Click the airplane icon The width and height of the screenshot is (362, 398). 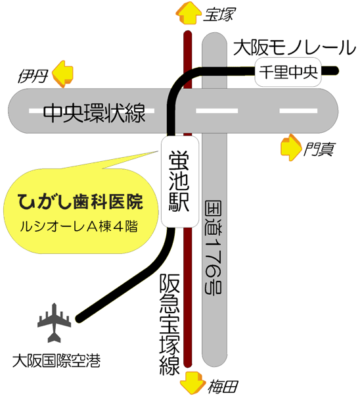coord(54,323)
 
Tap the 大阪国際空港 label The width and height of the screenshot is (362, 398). coord(57,361)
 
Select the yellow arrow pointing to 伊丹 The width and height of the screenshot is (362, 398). coord(62,74)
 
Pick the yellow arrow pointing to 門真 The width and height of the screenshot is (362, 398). coord(291,147)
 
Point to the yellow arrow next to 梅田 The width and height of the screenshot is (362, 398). coord(192,383)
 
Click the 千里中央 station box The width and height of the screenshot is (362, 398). coord(288,72)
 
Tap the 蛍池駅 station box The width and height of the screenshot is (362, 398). coord(180,182)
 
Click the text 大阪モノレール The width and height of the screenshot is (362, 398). coord(294,47)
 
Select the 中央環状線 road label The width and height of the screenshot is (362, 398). coord(94,112)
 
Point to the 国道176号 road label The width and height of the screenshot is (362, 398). coord(214,247)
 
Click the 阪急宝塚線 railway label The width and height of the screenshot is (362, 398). coord(170,325)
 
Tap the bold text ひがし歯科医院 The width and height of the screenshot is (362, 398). coord(80,202)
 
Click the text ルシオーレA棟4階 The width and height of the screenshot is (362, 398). coord(79,226)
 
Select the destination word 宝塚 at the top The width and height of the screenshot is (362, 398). coord(219,14)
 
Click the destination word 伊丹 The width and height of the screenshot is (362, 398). coord(33,76)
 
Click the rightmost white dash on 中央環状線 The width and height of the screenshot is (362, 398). coord(298,111)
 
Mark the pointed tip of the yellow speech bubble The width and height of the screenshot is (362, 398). coord(158,151)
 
